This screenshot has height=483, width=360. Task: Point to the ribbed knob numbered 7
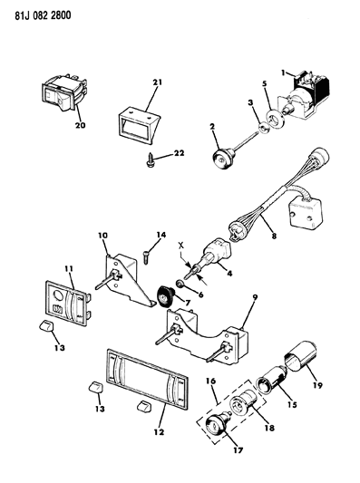coord(165,295)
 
